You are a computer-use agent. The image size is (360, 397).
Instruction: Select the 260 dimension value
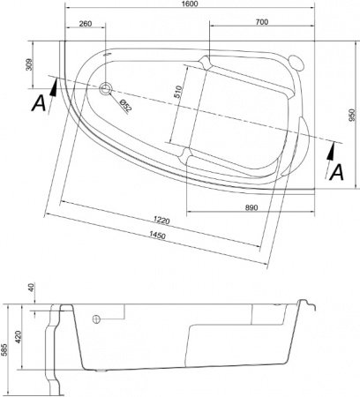[86, 24]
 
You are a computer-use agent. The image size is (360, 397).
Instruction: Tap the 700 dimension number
[262, 22]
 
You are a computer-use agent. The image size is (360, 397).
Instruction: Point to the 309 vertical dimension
[29, 64]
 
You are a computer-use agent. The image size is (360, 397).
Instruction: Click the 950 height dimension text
[352, 115]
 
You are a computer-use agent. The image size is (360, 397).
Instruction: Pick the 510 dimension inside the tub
[179, 92]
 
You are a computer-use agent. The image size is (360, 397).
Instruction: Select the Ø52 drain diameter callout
[125, 105]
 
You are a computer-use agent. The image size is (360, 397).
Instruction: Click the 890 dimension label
[251, 207]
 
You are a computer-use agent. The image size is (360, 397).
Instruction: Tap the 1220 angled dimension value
[161, 220]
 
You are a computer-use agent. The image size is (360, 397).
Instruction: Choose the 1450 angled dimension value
[157, 235]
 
